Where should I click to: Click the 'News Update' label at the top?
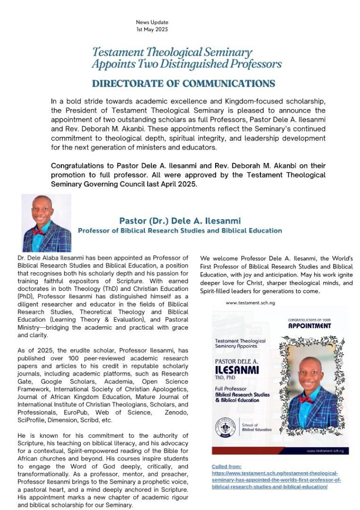[152, 22]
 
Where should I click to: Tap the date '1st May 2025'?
[152, 29]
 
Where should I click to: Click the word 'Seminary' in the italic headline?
[226, 52]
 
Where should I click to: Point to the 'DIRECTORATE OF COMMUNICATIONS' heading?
[183, 83]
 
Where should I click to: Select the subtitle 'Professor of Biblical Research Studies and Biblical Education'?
[180, 231]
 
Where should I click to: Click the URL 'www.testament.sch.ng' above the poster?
[250, 302]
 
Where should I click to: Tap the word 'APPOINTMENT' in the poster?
[309, 326]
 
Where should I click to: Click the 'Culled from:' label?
[227, 466]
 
